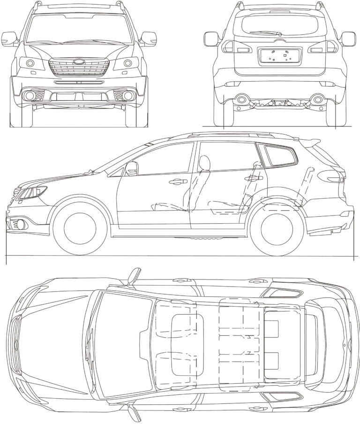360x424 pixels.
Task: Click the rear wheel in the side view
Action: [275, 228]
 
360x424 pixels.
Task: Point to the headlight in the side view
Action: [31, 193]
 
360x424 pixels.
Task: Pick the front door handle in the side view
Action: [179, 182]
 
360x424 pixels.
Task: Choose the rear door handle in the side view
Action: [254, 178]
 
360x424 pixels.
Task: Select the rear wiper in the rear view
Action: [265, 33]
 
